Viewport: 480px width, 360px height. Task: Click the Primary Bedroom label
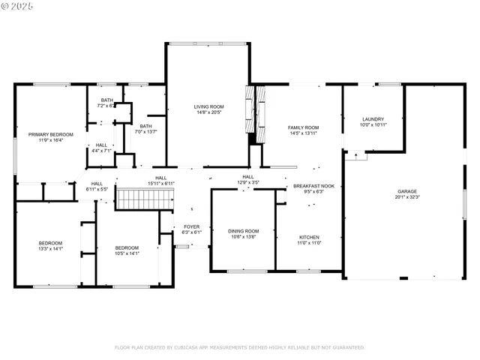point(45,135)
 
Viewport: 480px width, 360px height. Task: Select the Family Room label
point(303,127)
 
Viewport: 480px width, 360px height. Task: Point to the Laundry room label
point(373,119)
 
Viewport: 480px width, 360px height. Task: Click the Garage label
point(407,192)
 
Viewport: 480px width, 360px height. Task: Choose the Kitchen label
point(310,237)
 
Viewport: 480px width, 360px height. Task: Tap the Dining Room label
point(243,231)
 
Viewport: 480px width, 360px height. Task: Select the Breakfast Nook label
point(319,185)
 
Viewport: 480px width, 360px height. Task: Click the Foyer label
point(192,226)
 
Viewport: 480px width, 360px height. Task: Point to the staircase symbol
point(145,199)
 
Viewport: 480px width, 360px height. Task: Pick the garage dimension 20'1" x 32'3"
point(407,198)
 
